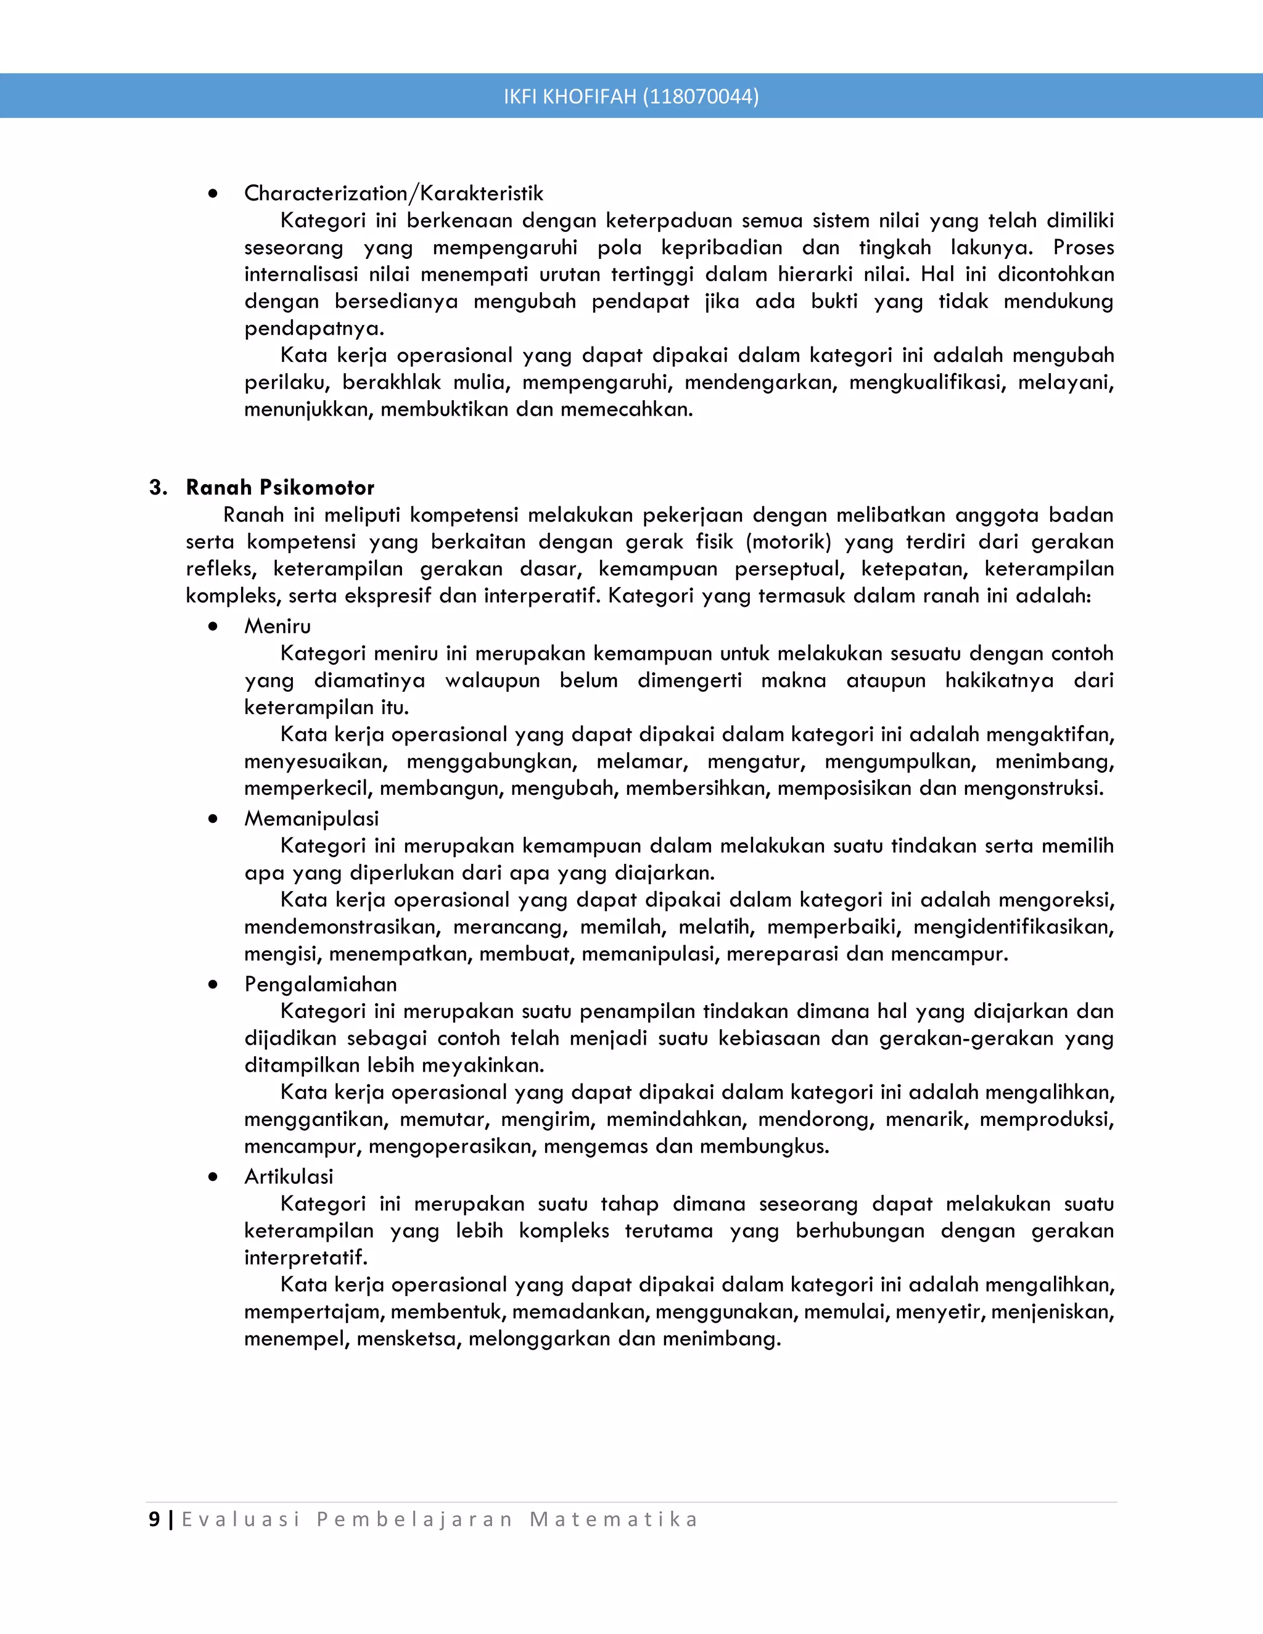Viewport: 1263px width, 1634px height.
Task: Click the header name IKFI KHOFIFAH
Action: pyautogui.click(x=569, y=97)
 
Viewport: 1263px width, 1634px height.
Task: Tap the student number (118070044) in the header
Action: pyautogui.click(x=701, y=97)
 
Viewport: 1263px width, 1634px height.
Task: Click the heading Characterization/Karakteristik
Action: pyautogui.click(x=393, y=193)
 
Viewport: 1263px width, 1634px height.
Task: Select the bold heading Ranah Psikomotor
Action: pyautogui.click(x=280, y=487)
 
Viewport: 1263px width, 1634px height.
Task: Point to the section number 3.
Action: pyautogui.click(x=157, y=487)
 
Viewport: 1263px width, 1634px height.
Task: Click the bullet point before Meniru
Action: pyautogui.click(x=213, y=626)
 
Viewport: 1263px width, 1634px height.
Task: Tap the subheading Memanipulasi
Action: pyautogui.click(x=311, y=818)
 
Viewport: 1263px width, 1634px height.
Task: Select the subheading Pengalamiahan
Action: pyautogui.click(x=320, y=984)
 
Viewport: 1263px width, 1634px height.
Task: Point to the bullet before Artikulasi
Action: pyautogui.click(x=213, y=1177)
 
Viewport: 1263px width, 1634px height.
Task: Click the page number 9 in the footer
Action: pyautogui.click(x=154, y=1519)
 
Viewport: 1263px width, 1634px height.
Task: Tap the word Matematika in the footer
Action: pyautogui.click(x=614, y=1519)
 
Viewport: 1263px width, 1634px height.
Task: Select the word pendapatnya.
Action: pyautogui.click(x=313, y=329)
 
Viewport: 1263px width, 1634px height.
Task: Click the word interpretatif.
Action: pyautogui.click(x=305, y=1258)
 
